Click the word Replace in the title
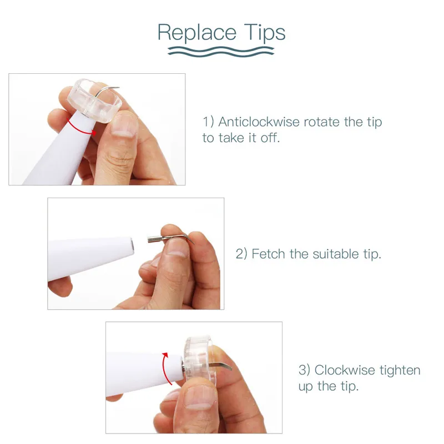197,33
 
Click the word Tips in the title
265,33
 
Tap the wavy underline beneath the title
221,52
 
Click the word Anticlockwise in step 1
259,122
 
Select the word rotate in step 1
322,122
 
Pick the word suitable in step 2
336,254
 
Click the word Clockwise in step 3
343,370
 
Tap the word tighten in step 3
400,371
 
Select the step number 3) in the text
304,370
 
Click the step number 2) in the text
241,254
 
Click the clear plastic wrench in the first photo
94,100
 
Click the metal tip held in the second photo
170,239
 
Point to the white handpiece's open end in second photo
132,245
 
